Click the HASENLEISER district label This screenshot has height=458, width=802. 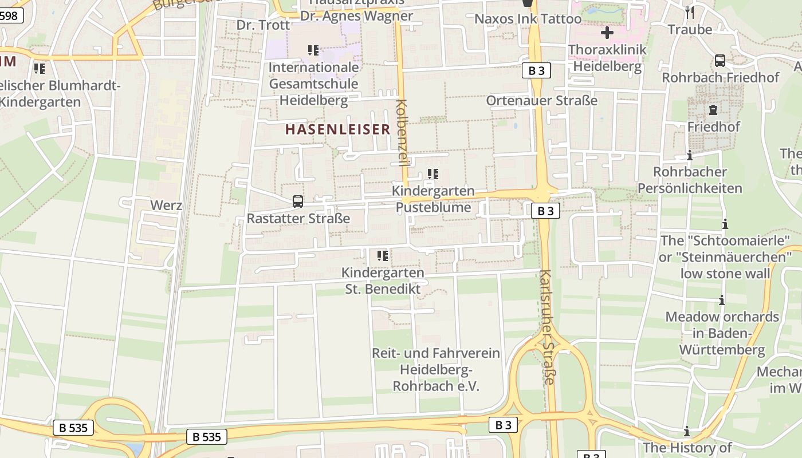coord(337,129)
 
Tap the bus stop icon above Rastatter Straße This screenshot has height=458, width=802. coord(298,201)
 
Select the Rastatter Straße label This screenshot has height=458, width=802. coord(298,218)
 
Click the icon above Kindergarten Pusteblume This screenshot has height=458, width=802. coord(433,173)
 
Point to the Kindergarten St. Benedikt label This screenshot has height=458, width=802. coord(383,281)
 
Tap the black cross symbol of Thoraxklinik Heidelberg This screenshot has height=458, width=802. coord(607,33)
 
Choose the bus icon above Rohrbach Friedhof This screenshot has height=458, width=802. coord(720,60)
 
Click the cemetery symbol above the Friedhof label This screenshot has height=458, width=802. coord(713,109)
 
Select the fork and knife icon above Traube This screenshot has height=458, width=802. coord(690,11)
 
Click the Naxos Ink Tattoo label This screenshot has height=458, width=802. coord(528,19)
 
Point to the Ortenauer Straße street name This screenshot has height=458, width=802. coord(541,101)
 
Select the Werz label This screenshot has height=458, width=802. coord(166,205)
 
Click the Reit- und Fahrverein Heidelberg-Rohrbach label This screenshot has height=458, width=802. coord(436,370)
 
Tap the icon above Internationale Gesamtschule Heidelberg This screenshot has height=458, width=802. coord(313,50)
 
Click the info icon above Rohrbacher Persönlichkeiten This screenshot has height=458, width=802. coord(690,155)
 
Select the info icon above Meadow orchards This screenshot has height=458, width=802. coord(722,300)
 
